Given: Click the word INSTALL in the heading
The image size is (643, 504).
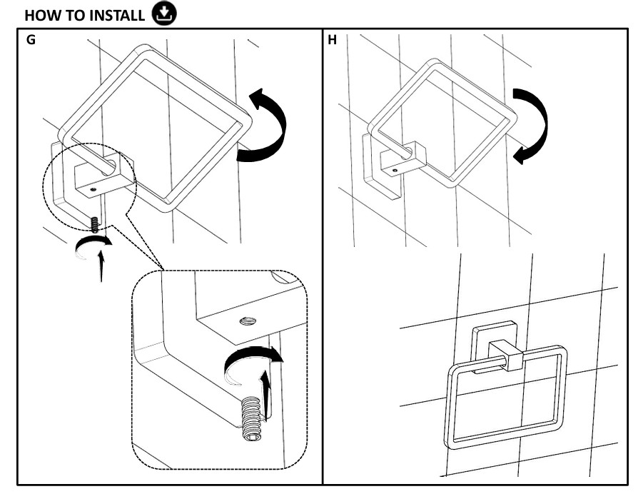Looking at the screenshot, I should click(x=115, y=15).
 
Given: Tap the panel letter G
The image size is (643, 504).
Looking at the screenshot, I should click(x=31, y=41).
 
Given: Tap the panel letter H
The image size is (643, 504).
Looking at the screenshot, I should click(x=332, y=41).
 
